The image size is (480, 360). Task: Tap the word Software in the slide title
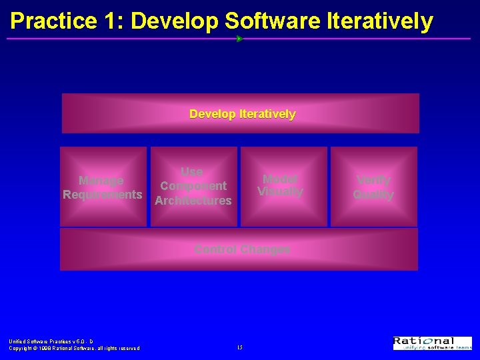click(273, 21)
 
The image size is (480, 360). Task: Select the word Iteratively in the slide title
click(380, 21)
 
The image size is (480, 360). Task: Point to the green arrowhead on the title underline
click(239, 39)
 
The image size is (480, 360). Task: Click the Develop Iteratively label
click(242, 114)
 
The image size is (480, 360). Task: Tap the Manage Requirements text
click(102, 187)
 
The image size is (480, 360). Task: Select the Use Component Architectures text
click(193, 186)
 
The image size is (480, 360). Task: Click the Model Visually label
click(280, 185)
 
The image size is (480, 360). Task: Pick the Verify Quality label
click(373, 187)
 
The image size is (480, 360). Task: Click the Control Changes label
click(242, 249)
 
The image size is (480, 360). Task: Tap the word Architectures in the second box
click(193, 200)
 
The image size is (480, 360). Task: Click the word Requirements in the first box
click(102, 195)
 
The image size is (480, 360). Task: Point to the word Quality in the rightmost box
click(373, 195)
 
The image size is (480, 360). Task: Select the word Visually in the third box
click(280, 192)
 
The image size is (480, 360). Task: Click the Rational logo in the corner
click(432, 343)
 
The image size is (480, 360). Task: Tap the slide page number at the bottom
click(239, 347)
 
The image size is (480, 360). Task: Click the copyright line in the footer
click(74, 348)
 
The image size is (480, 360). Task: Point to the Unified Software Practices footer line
click(51, 341)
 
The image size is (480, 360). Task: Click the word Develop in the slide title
click(175, 21)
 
